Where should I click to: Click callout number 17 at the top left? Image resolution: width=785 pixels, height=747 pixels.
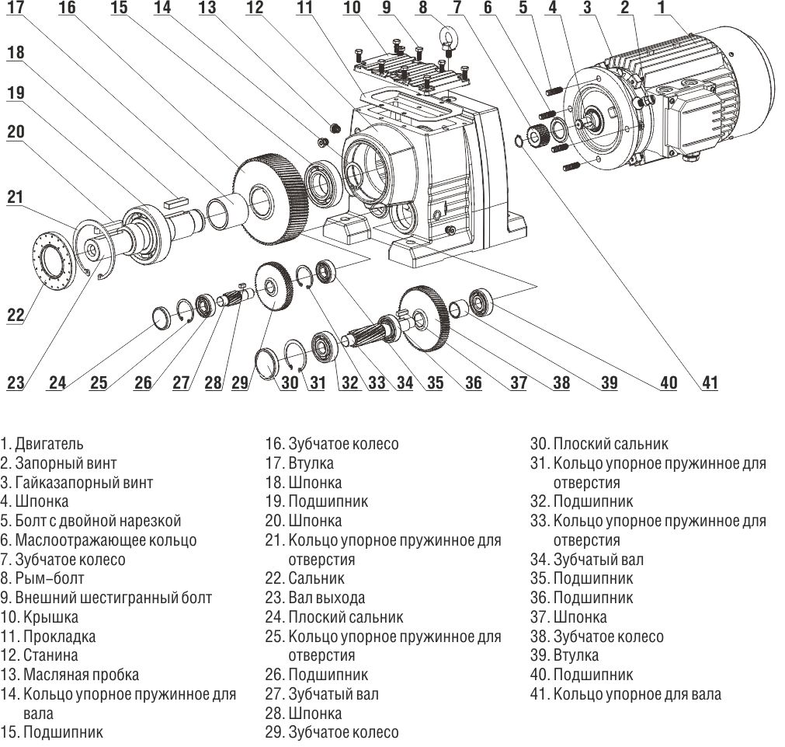click(16, 9)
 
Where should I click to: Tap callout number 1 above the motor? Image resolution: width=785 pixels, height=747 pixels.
click(661, 9)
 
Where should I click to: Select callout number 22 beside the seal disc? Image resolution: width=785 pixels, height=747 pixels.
click(16, 315)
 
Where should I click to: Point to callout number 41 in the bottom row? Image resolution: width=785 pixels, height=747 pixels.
click(710, 382)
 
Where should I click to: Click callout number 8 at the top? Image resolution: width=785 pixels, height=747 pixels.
click(422, 9)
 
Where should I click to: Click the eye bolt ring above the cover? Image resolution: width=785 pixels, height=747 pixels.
click(447, 37)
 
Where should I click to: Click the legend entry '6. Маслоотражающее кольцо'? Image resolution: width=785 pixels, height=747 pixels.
click(99, 540)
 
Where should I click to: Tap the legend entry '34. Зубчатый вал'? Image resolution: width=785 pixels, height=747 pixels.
click(586, 560)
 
